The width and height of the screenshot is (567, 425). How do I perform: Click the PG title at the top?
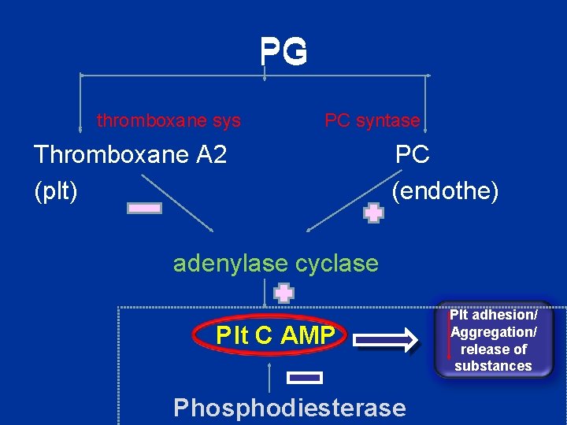(283, 53)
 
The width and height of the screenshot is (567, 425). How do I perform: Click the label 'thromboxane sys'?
(169, 120)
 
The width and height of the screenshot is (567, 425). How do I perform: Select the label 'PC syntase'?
(372, 120)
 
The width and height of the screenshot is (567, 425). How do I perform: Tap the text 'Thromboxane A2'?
(131, 154)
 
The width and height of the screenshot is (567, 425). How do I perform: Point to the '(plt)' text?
(56, 190)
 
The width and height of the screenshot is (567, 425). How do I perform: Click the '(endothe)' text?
(445, 190)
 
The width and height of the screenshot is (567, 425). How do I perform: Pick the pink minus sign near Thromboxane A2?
(145, 209)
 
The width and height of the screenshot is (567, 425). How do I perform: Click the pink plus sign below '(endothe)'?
(373, 213)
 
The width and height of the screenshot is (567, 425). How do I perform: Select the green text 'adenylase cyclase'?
(276, 263)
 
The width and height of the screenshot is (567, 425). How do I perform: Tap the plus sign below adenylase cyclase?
(283, 294)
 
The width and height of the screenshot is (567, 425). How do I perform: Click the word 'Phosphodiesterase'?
(289, 408)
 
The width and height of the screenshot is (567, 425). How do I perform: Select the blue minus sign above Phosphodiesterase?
(306, 378)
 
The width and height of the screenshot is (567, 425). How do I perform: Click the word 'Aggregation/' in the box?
(494, 332)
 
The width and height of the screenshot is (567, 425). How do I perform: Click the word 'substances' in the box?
(493, 366)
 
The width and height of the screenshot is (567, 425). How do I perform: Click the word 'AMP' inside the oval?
(307, 336)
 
